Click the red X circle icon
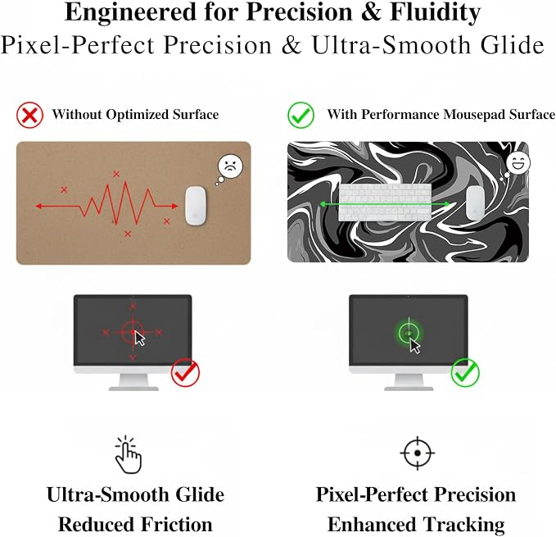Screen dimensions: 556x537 tap(29, 115)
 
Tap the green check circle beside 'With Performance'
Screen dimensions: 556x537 tap(301, 115)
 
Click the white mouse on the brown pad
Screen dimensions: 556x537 tap(196, 206)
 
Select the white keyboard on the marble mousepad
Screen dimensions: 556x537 tap(385, 203)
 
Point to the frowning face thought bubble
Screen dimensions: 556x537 tap(230, 166)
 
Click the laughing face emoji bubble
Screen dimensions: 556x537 tap(518, 163)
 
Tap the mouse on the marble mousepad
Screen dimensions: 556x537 tap(476, 203)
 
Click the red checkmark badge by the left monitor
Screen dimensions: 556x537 tap(185, 372)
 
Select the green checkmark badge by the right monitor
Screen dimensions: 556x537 tap(465, 372)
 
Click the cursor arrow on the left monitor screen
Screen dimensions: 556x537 tap(139, 338)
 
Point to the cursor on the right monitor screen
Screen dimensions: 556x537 tap(414, 346)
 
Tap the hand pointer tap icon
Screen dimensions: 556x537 tap(128, 454)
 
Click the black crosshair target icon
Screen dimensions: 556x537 tap(418, 453)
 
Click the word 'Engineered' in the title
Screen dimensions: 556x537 tap(130, 12)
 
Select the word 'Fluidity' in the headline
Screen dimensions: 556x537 tap(435, 13)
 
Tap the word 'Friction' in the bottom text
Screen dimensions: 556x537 tap(177, 525)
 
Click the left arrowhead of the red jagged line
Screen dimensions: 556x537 tap(38, 206)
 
